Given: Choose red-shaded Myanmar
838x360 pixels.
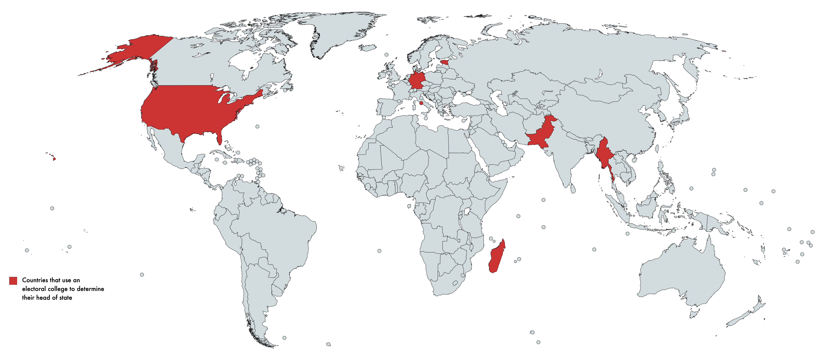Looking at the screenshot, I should (605, 153).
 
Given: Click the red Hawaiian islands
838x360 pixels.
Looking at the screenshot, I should (54, 159).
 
